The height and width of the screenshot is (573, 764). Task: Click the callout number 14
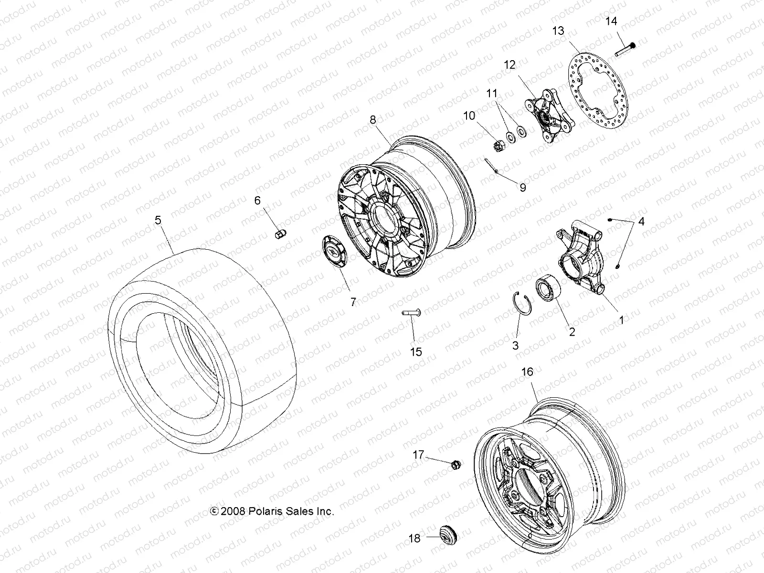tap(611, 21)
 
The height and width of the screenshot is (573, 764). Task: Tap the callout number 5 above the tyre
tap(158, 220)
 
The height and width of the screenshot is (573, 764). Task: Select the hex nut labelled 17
tap(455, 463)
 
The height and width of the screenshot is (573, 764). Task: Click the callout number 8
tap(373, 120)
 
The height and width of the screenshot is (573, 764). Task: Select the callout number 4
tap(641, 222)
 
